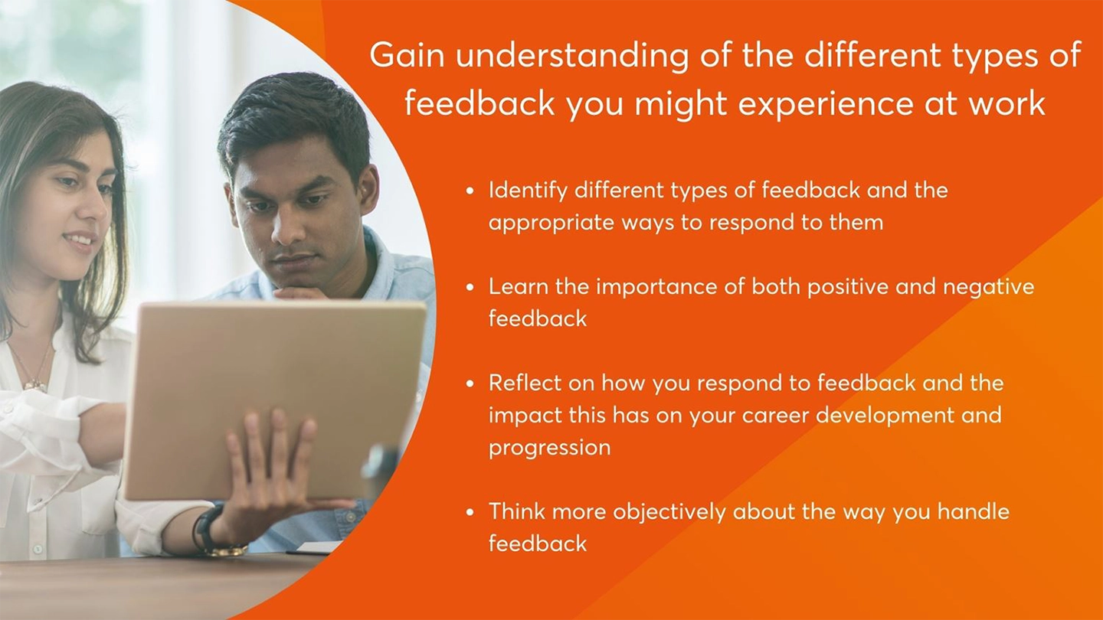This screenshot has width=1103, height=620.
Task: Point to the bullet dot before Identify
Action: coord(470,191)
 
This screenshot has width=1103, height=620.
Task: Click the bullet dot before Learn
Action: coord(470,287)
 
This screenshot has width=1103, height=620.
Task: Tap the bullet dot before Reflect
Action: coord(470,383)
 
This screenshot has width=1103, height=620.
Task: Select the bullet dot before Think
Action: coord(470,512)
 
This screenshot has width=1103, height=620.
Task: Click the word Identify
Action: coord(528,191)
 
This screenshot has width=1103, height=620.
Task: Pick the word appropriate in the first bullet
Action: coord(551,224)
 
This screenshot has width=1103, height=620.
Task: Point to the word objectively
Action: coord(669,513)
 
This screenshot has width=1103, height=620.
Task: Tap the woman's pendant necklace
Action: coord(35,383)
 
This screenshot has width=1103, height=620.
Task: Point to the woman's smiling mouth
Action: coord(81,241)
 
